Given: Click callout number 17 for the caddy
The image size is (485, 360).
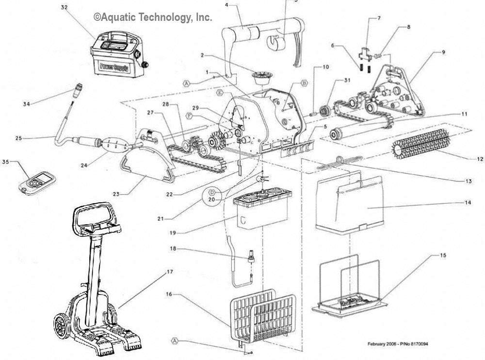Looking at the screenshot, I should [x=170, y=272].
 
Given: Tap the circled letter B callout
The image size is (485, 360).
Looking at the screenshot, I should [x=305, y=83].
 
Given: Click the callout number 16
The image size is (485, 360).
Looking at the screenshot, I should [x=169, y=294].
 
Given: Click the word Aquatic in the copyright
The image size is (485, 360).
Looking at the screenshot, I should [x=119, y=17].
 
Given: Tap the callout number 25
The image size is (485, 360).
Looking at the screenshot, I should [x=18, y=138].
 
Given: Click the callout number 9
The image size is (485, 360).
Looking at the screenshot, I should [x=443, y=52].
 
